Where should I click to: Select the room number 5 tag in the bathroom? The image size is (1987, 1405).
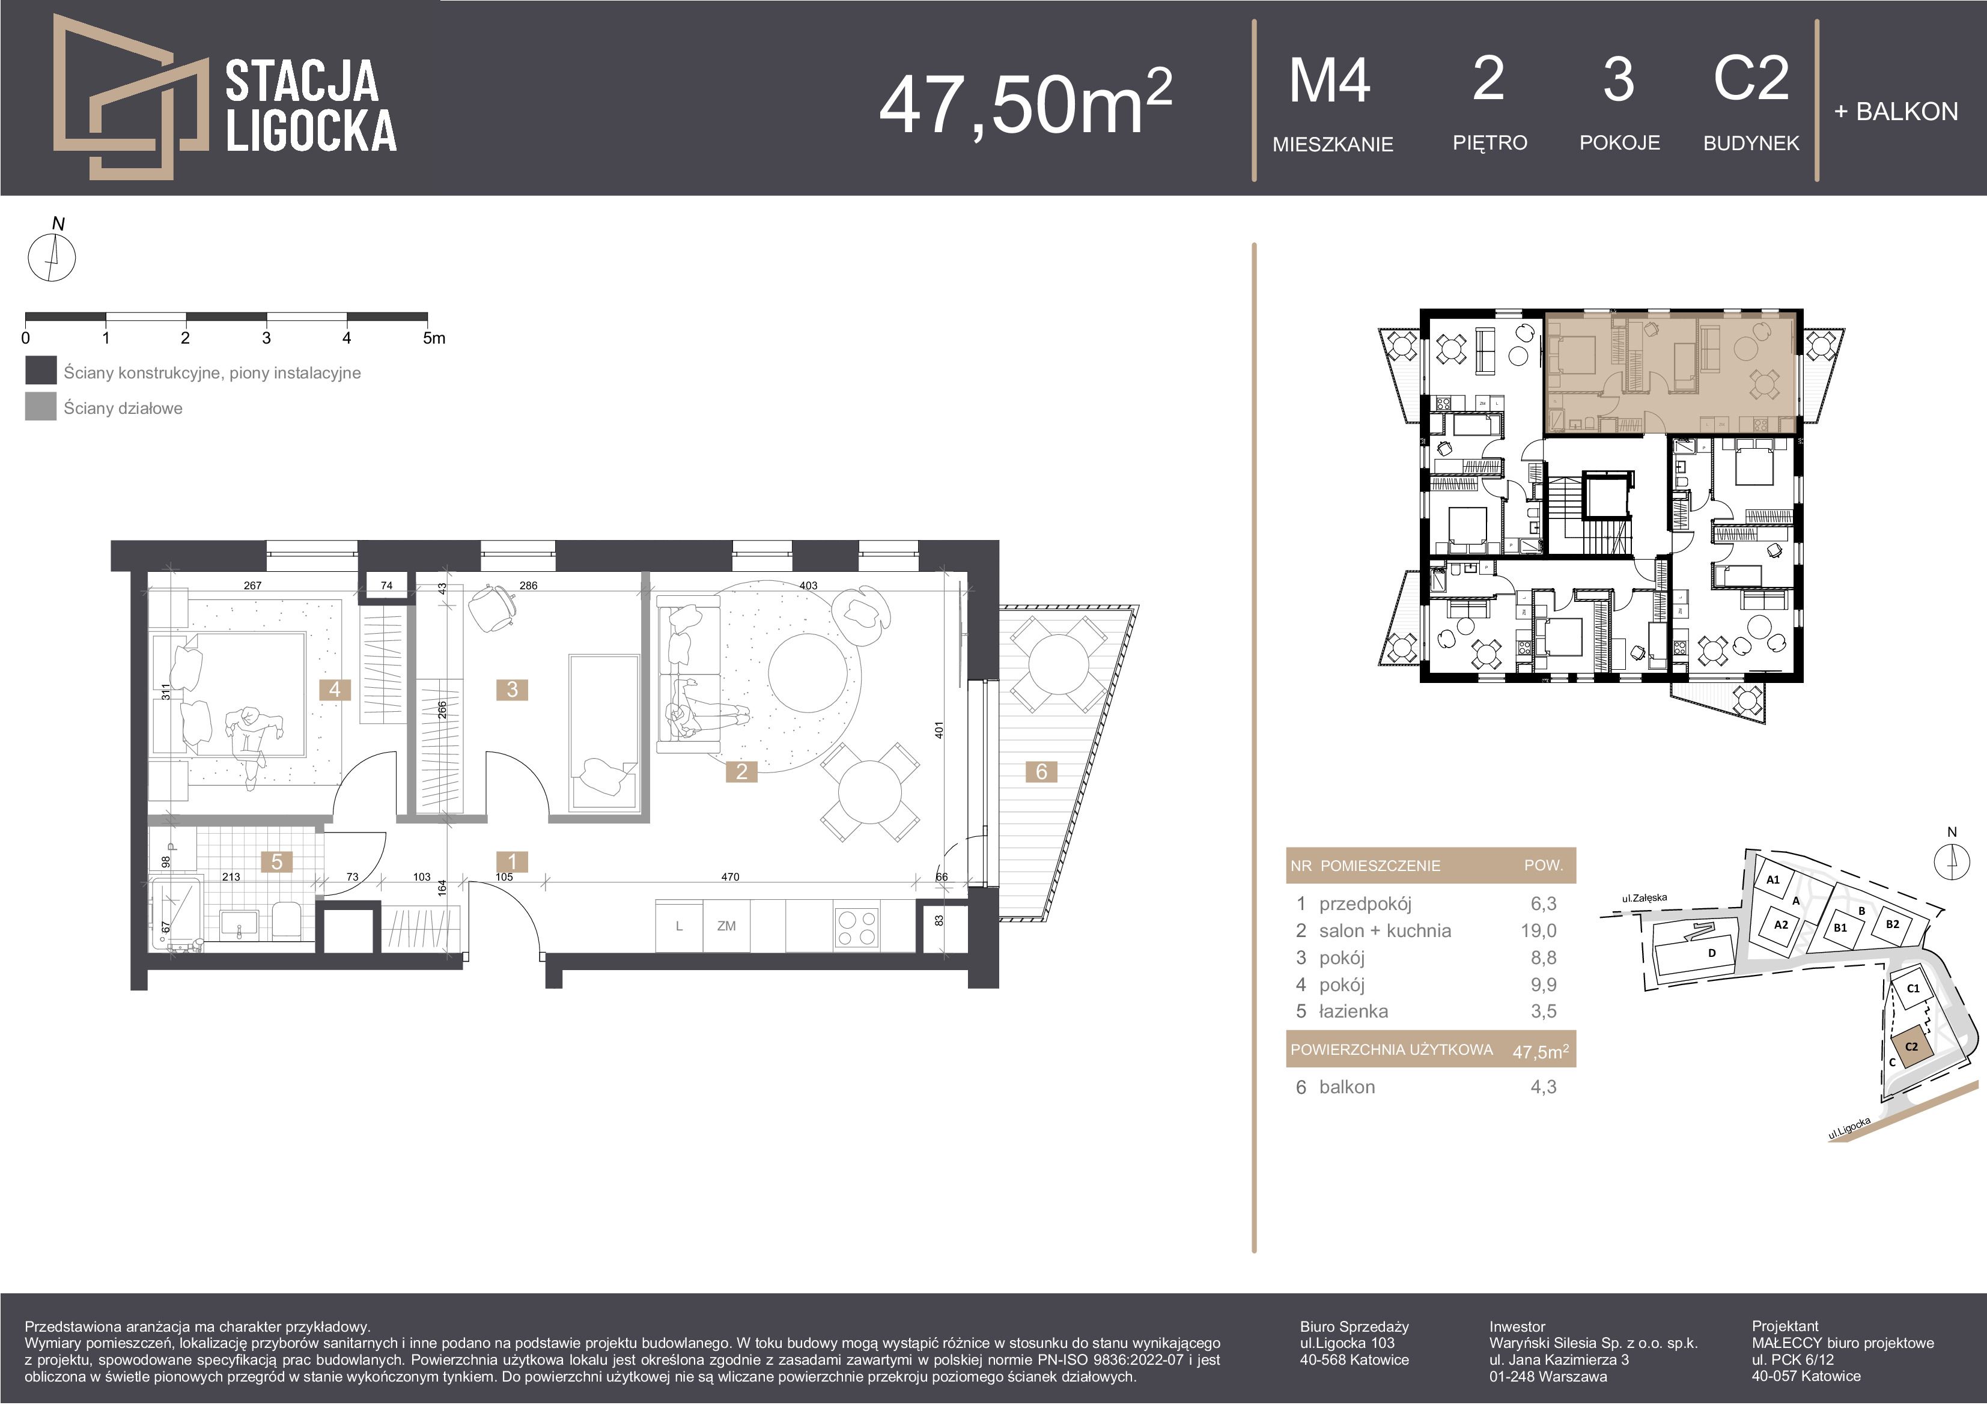point(277,862)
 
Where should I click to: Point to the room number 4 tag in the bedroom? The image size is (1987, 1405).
point(335,690)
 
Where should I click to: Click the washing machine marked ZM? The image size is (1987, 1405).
point(726,926)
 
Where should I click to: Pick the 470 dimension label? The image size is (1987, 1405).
point(731,877)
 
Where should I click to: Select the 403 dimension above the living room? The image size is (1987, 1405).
point(808,586)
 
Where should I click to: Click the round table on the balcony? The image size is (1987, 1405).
point(1057,664)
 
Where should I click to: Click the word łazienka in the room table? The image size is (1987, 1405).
point(1354,1012)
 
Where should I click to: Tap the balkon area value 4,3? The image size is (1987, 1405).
point(1543,1087)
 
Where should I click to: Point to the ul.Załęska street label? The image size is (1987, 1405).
point(1645,899)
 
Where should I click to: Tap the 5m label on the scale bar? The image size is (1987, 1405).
point(434,338)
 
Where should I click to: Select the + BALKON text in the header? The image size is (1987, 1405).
point(1895,112)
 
